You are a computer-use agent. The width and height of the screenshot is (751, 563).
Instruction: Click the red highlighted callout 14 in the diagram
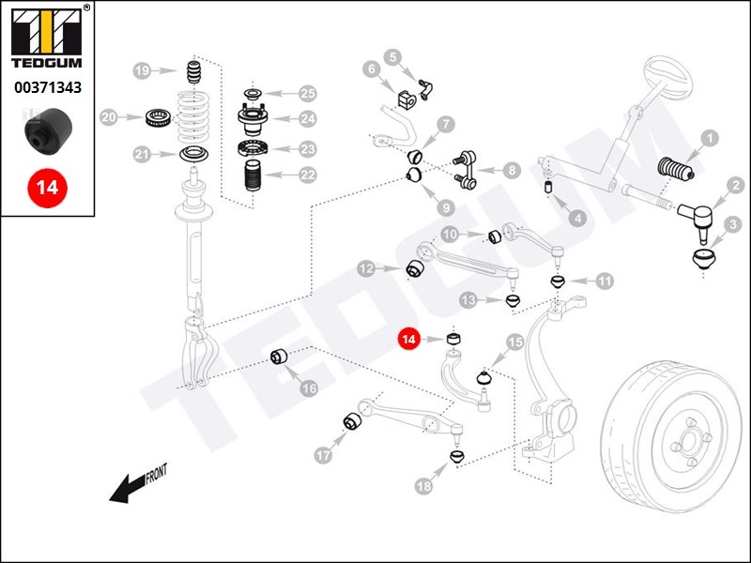coord(408,340)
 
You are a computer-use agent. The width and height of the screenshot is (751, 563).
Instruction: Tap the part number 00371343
coord(47,88)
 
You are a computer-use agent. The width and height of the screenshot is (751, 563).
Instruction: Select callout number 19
coord(142,71)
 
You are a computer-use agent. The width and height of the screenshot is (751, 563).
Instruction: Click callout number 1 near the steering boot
coord(709,138)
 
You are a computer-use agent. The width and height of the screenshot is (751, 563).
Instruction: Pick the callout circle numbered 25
coord(308,93)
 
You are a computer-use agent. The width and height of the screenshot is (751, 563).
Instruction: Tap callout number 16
coord(308,387)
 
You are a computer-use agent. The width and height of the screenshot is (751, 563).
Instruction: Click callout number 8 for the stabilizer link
coord(511,171)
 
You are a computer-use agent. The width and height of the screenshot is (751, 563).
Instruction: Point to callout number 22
coord(308,175)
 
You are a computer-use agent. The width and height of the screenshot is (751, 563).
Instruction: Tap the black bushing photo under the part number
coord(47,129)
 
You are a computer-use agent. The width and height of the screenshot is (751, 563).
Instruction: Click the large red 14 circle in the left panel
coord(47,187)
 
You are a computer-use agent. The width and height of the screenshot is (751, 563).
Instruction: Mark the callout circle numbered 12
coord(367,269)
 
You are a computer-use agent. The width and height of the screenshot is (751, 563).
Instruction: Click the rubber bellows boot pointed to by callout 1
coord(673,170)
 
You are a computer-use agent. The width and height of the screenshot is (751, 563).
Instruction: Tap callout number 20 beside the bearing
coord(110,117)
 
